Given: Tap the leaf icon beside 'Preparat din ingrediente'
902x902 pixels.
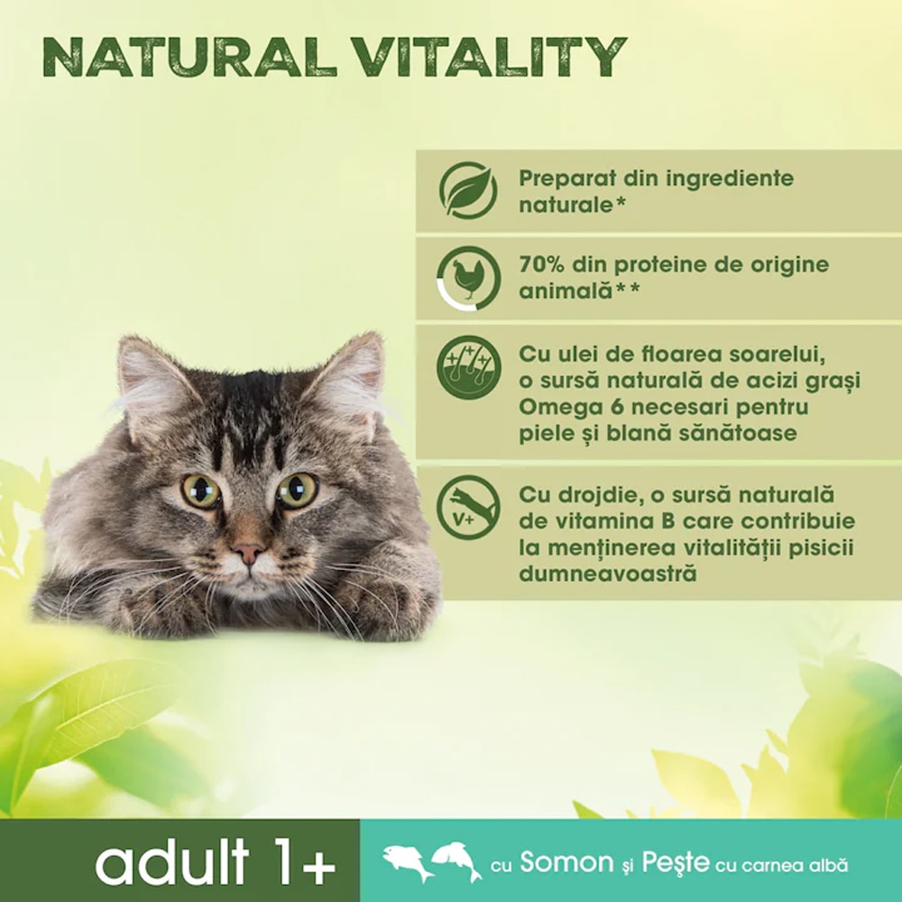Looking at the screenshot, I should [468, 190].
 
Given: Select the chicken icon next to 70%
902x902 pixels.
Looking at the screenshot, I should [468, 278].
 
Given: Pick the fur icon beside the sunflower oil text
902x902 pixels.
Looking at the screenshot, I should [468, 366].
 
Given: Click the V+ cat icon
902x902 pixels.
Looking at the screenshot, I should [468, 507].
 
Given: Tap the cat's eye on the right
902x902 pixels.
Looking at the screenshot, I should [297, 490].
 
